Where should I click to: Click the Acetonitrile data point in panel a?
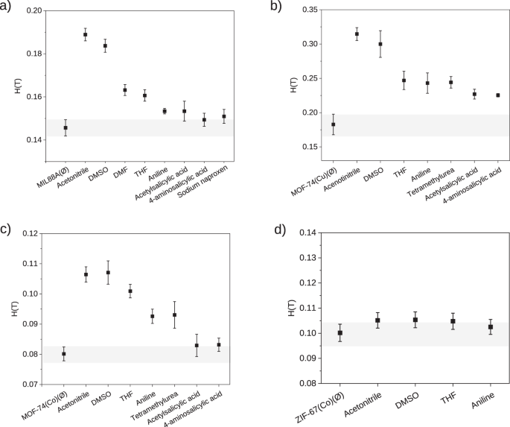pos(85,34)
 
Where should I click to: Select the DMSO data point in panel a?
pos(105,45)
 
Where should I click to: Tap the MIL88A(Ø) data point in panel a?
pos(66,127)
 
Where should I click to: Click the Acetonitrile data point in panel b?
pos(357,34)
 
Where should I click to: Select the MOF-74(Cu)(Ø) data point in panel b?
pos(333,124)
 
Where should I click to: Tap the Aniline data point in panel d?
pos(491,326)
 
